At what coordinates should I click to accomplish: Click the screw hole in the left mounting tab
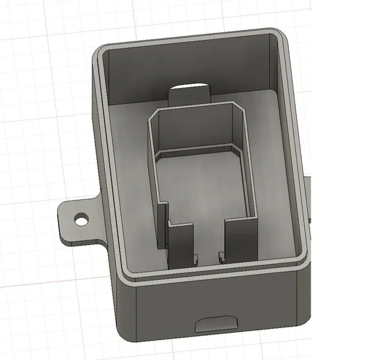[81, 219]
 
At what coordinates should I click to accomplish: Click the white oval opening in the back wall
[190, 88]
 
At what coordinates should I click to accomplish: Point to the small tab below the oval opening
[189, 98]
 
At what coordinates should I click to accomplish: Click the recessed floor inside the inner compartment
[202, 190]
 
